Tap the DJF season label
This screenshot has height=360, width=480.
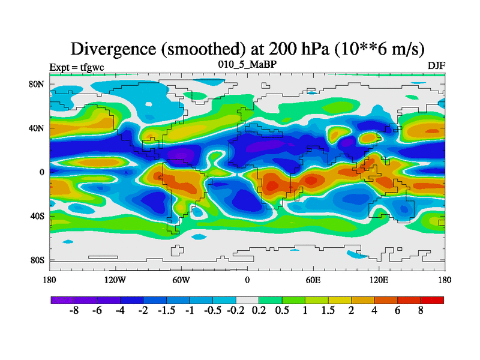436,66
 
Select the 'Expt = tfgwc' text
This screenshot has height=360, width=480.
76,67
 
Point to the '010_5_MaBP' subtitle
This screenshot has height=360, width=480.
247,64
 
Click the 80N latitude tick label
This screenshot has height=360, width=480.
37,84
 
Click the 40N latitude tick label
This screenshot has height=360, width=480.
37,128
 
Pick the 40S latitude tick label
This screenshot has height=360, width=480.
38,216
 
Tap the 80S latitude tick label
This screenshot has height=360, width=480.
38,260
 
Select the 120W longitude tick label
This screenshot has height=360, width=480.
115,280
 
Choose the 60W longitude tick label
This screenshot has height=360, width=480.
181,280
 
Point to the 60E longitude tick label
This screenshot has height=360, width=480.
313,280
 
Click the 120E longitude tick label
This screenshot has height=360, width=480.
379,280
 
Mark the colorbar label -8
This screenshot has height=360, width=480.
74,312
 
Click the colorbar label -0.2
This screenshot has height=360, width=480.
235,312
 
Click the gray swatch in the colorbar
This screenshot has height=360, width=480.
247,300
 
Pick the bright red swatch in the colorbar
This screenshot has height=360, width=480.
433,300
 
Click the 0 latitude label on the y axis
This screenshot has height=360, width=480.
42,172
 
